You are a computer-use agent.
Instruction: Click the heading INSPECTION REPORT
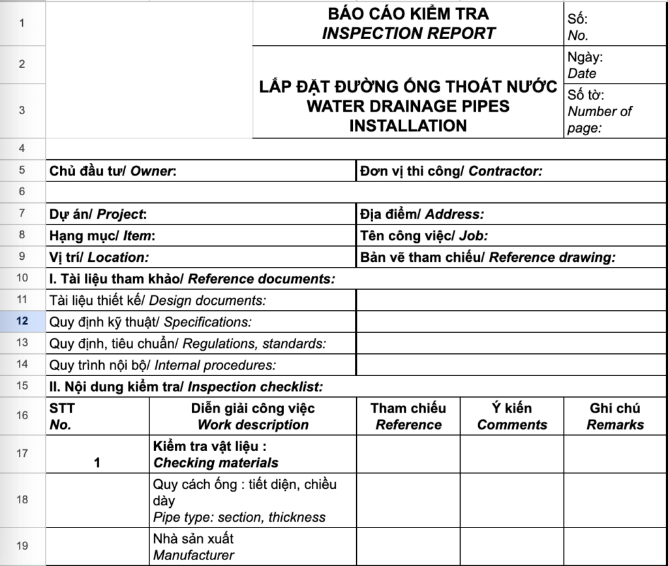(408, 33)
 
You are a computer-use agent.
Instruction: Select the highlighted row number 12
(23, 321)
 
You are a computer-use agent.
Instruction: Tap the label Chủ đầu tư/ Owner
(113, 172)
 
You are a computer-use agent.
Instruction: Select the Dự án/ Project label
(99, 214)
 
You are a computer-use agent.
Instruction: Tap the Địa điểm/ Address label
(421, 214)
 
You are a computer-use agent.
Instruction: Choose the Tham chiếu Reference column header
(408, 417)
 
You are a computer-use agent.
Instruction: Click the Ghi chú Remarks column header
(615, 417)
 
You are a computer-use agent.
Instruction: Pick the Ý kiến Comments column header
(512, 417)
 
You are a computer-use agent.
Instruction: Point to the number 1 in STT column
(97, 463)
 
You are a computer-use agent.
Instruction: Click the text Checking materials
(216, 463)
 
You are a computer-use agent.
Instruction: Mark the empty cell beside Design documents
(511, 300)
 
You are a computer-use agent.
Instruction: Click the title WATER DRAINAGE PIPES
(408, 106)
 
